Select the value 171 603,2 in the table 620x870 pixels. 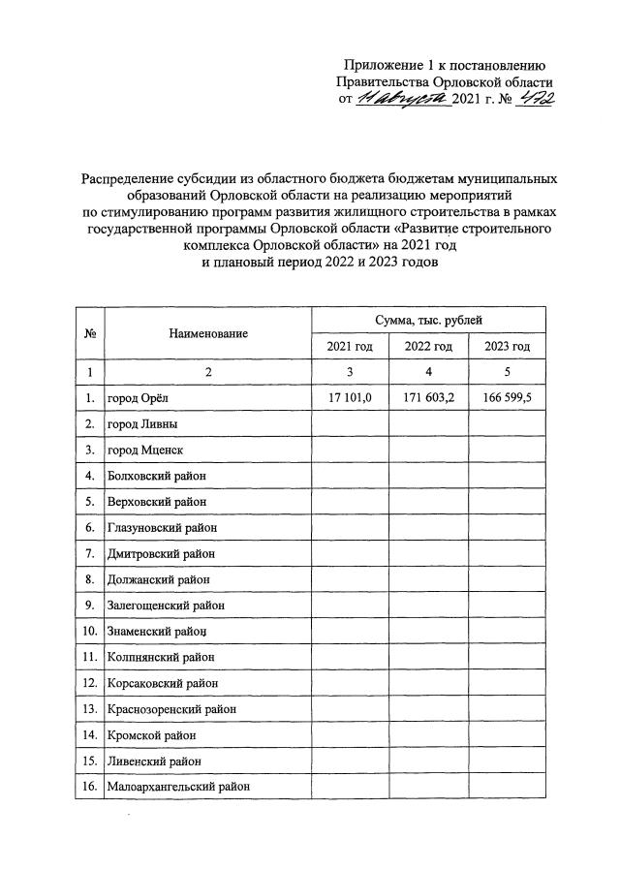coord(428,397)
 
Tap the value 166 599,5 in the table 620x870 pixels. coord(507,397)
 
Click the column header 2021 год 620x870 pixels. coord(350,346)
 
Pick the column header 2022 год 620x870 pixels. coord(428,346)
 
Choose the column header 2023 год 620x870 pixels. coord(507,346)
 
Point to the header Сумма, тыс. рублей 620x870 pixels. coord(428,319)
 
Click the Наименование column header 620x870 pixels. coord(207,332)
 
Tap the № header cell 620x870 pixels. coord(89,332)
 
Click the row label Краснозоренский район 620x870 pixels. coord(171,709)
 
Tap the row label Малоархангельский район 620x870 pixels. coord(178,788)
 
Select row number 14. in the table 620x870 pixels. coord(88,735)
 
